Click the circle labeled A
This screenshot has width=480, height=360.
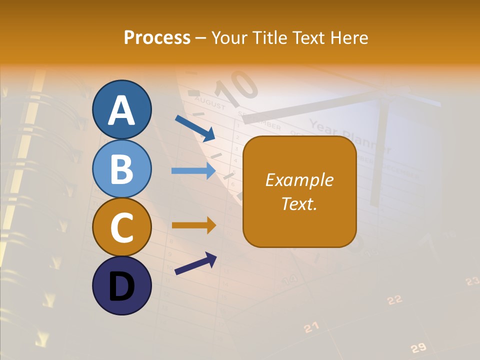[x=121, y=109]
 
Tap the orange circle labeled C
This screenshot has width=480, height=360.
[x=121, y=227]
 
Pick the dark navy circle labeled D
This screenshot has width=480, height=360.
[x=121, y=285]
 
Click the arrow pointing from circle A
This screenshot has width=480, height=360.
[x=195, y=128]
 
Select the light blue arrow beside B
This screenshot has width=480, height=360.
[x=193, y=170]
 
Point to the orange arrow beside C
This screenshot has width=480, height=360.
[x=193, y=225]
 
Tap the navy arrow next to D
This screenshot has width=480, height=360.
[x=195, y=263]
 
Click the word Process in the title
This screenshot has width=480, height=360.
[x=157, y=37]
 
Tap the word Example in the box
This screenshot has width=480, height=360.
[x=299, y=180]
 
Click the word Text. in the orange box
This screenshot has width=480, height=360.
[x=299, y=203]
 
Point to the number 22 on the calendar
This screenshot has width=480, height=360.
[x=395, y=299]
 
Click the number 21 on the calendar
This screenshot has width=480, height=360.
[x=311, y=327]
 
